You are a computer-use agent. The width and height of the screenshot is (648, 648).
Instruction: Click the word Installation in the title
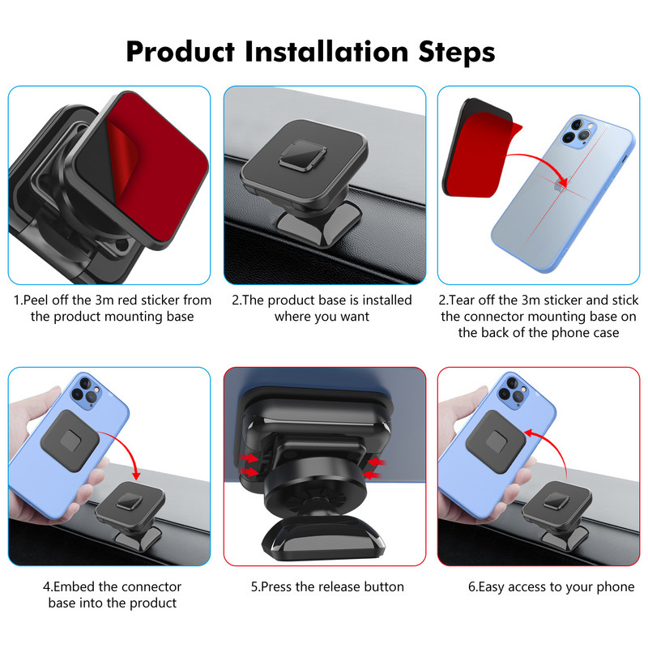point(326,52)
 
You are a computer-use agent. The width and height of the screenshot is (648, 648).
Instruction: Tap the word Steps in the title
point(457,53)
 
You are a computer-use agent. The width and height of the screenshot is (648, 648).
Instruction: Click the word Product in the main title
point(181,53)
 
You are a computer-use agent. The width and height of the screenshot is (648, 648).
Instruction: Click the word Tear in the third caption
point(462,300)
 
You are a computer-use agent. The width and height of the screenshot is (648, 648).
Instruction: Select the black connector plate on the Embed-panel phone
point(70,441)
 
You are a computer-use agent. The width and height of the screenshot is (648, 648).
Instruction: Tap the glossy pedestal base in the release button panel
point(323,537)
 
